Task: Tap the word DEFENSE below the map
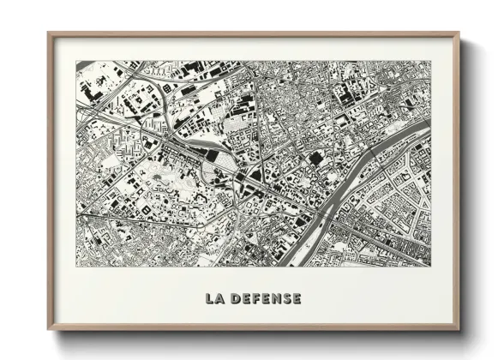pyautogui.click(x=267, y=299)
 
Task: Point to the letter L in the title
pyautogui.click(x=208, y=299)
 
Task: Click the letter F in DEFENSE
pyautogui.click(x=256, y=299)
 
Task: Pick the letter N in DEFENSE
pyautogui.click(x=276, y=299)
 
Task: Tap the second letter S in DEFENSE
pyautogui.click(x=286, y=299)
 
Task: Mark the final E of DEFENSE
pyautogui.click(x=297, y=299)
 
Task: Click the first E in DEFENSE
pyautogui.click(x=245, y=299)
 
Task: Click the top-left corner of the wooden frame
pyautogui.click(x=48, y=33)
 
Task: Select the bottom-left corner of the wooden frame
pyautogui.click(x=48, y=331)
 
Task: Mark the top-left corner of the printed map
pyautogui.click(x=75, y=61)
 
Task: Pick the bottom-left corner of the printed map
pyautogui.click(x=75, y=267)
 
